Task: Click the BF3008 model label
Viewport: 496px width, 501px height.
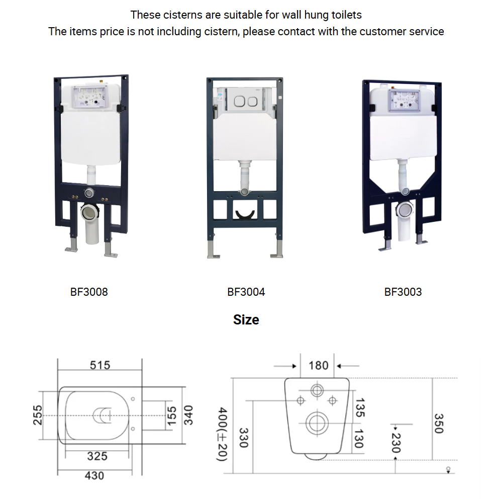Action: click(x=89, y=292)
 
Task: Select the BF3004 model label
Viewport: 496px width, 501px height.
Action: click(x=246, y=292)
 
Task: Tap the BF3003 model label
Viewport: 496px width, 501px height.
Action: click(x=403, y=292)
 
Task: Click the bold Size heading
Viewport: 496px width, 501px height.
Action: click(x=246, y=319)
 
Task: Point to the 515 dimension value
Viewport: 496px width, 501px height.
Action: click(x=100, y=365)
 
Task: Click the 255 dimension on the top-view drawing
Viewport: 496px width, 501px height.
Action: click(x=38, y=415)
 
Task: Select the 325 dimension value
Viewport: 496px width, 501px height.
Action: click(x=97, y=456)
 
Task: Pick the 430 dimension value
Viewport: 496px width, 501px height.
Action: click(x=94, y=475)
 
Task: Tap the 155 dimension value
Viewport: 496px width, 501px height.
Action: click(x=172, y=416)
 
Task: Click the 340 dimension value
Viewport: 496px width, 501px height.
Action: click(x=188, y=415)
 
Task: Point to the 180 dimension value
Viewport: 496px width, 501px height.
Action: click(x=318, y=366)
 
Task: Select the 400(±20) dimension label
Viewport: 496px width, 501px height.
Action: click(x=222, y=434)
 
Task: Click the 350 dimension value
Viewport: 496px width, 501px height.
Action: click(x=439, y=424)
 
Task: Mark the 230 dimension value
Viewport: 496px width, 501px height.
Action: click(x=396, y=443)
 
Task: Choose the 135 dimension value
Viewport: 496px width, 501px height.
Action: click(x=360, y=408)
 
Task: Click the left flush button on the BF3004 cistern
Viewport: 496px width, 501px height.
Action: click(x=239, y=102)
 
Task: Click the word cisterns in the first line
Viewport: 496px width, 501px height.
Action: click(x=176, y=15)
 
